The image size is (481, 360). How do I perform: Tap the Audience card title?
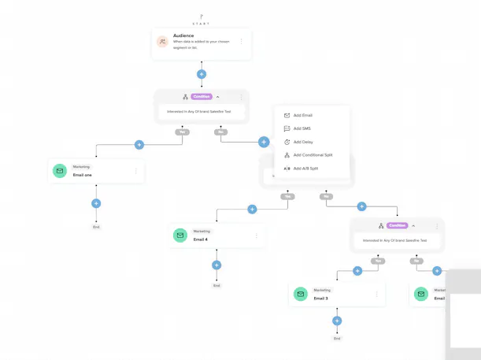183,36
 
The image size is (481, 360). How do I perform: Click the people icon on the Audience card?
162,42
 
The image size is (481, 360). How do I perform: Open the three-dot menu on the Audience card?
242,42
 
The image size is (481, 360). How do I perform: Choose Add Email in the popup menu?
303,115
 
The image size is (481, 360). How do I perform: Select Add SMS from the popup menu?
302,128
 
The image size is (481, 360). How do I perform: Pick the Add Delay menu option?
303,142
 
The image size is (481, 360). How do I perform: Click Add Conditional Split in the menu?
313,155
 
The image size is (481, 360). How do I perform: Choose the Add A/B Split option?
305,169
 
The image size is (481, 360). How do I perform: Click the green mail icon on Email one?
59,171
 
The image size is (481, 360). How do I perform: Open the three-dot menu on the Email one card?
136,171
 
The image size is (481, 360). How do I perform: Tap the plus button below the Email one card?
96,203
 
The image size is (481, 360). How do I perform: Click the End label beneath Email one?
96,227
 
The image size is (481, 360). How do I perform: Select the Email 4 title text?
201,239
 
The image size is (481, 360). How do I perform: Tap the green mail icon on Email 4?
179,236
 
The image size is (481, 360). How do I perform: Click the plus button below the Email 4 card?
216,265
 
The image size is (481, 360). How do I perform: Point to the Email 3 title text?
320,299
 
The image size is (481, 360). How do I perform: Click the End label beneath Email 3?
337,338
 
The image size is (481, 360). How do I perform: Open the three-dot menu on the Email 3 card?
376,295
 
